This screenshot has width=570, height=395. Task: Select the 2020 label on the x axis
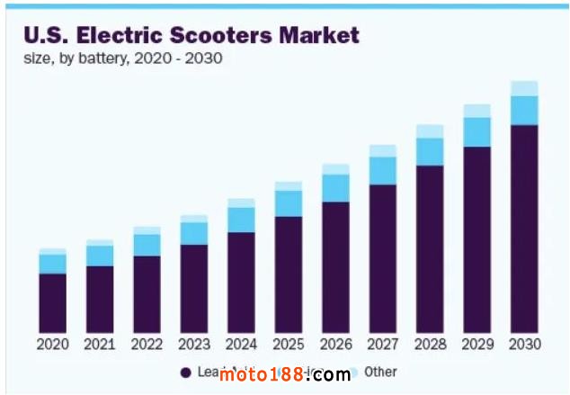point(53,345)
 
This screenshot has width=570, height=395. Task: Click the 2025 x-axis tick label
point(289,345)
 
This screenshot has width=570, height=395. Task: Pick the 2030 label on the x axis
point(524,345)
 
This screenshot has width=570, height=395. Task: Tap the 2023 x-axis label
point(194,345)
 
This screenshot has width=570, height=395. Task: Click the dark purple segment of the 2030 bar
point(524,229)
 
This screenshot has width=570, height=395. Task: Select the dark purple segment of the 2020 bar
point(53,303)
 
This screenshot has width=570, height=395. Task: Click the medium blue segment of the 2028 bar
point(430,151)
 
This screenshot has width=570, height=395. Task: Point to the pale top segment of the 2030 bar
point(524,88)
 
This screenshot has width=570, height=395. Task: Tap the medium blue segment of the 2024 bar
point(241,220)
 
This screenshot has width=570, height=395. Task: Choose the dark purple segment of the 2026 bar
point(335,267)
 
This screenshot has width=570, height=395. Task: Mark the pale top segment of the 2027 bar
point(383,150)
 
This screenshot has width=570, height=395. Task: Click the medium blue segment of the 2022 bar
point(147,245)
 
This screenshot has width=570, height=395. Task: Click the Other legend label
point(380,372)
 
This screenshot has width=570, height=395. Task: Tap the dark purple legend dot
point(185,373)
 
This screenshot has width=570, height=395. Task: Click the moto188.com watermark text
point(284,374)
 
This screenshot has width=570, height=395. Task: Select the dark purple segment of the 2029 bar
point(477,239)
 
